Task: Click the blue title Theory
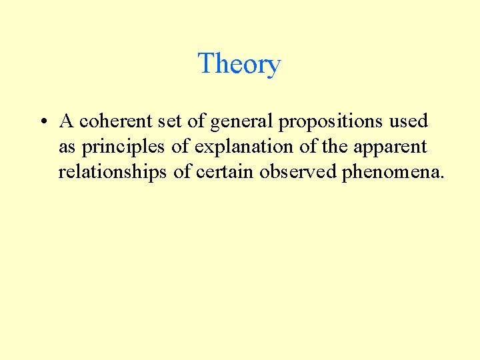pos(239,64)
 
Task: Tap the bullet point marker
pos(42,122)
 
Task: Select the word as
pos(67,147)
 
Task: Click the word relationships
pos(112,173)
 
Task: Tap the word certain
pos(226,173)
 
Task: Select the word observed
pos(299,173)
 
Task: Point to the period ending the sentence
pos(440,178)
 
